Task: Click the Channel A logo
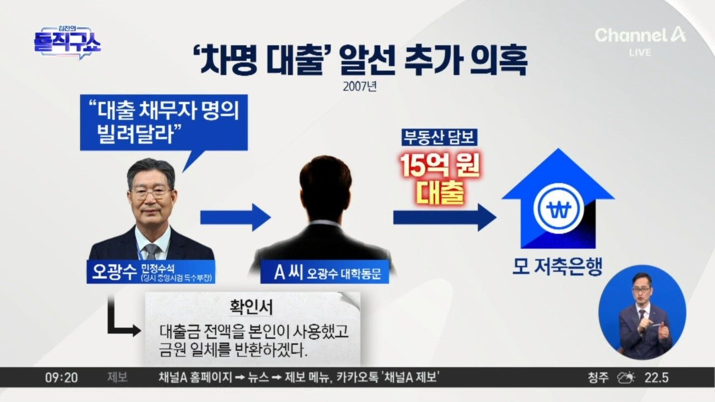pyautogui.click(x=640, y=35)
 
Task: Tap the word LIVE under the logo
pyautogui.click(x=640, y=52)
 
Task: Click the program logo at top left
pyautogui.click(x=67, y=42)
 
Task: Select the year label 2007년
pyautogui.click(x=358, y=87)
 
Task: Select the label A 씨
pyautogui.click(x=288, y=273)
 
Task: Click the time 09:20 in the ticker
pyautogui.click(x=61, y=378)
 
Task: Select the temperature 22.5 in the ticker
pyautogui.click(x=657, y=378)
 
